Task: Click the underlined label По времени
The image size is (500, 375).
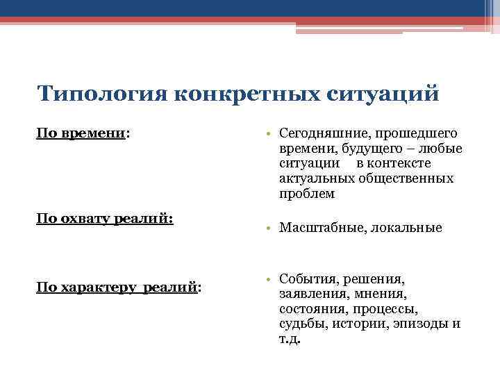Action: (x=81, y=133)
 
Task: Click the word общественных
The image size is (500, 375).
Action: (x=406, y=178)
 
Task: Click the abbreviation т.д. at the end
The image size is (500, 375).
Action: (x=290, y=340)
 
